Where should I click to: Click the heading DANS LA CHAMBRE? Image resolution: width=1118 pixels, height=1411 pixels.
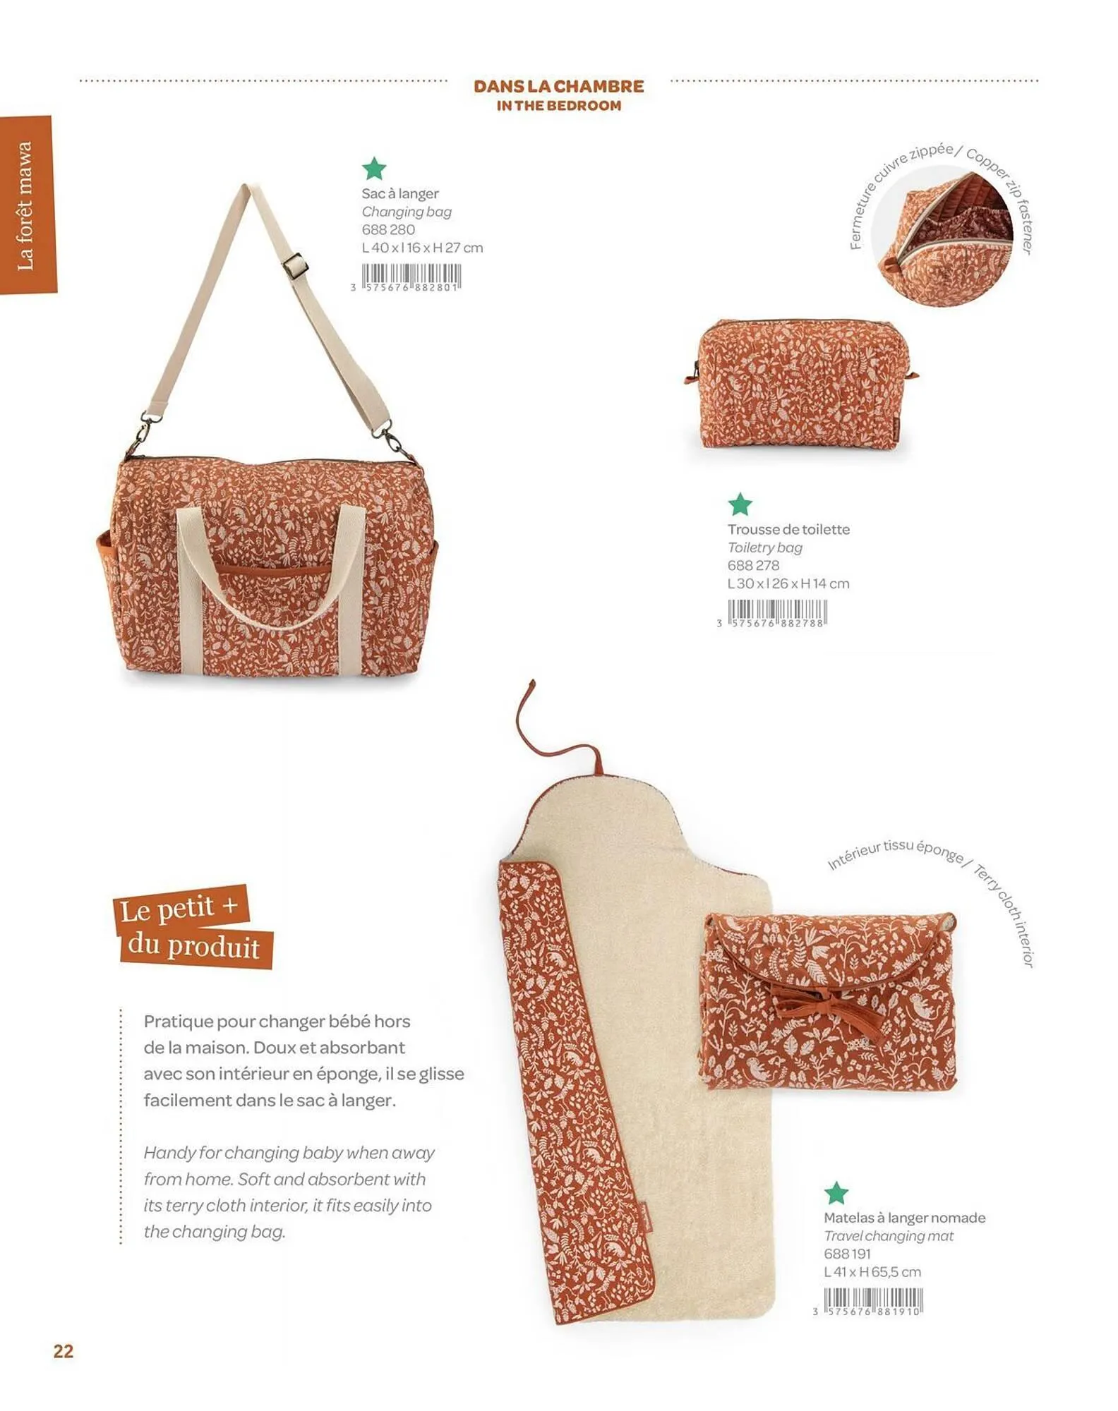558,86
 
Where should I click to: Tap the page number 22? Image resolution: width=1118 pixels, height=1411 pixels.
64,1351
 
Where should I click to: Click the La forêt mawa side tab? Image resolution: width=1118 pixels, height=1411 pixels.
26,205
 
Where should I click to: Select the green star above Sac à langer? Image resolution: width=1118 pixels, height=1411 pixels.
374,169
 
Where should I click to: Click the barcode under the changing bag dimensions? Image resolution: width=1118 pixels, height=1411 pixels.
411,276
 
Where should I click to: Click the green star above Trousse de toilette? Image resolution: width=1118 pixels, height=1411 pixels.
740,504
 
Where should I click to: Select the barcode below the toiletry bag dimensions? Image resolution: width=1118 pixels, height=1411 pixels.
776,612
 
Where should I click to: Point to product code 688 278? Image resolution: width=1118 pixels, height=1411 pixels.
753,565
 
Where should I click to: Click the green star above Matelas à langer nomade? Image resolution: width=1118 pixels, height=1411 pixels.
836,1193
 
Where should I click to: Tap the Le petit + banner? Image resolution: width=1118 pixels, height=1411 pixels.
180,909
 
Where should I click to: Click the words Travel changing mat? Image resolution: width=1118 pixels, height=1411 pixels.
888,1236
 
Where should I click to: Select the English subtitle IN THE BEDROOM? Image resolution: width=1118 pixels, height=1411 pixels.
558,106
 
